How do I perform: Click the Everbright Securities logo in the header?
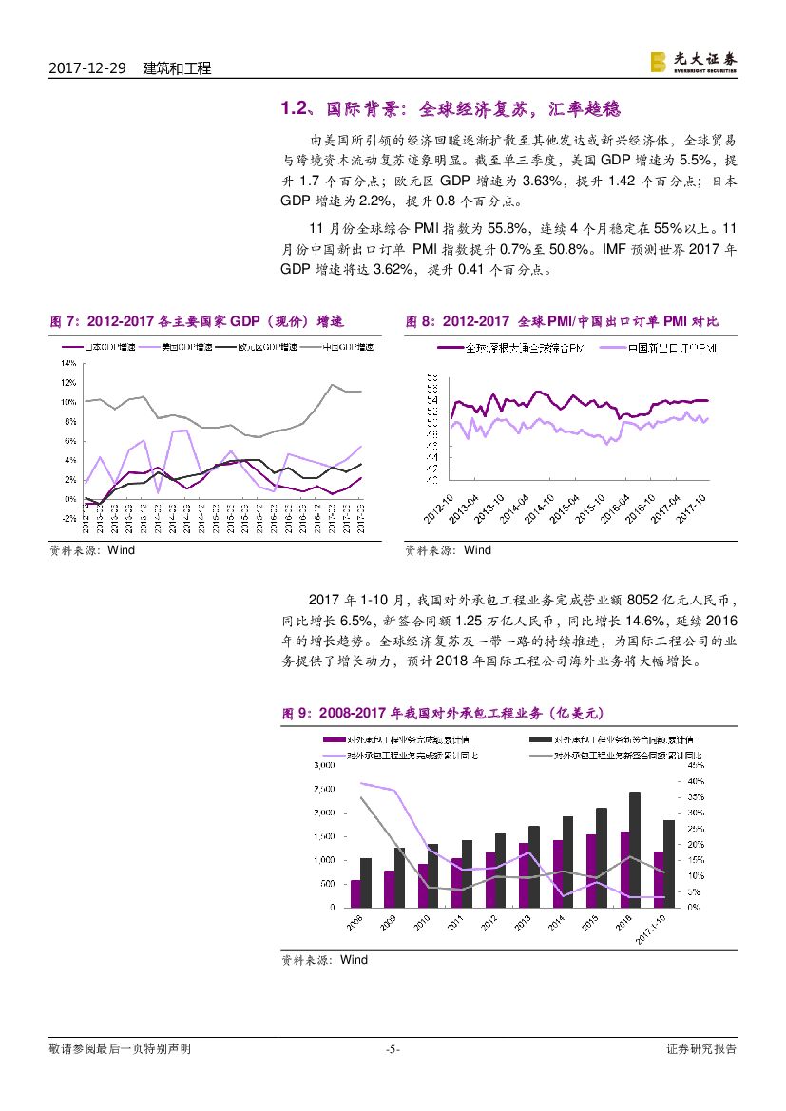tap(693, 62)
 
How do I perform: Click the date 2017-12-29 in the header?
tap(86, 68)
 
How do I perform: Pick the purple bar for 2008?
tap(355, 893)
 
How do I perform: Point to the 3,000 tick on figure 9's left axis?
tap(324, 764)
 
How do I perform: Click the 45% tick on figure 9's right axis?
tap(695, 764)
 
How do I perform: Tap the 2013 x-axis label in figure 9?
tap(522, 925)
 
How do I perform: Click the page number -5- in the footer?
tap(393, 1049)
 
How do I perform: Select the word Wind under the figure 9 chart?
tap(354, 960)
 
